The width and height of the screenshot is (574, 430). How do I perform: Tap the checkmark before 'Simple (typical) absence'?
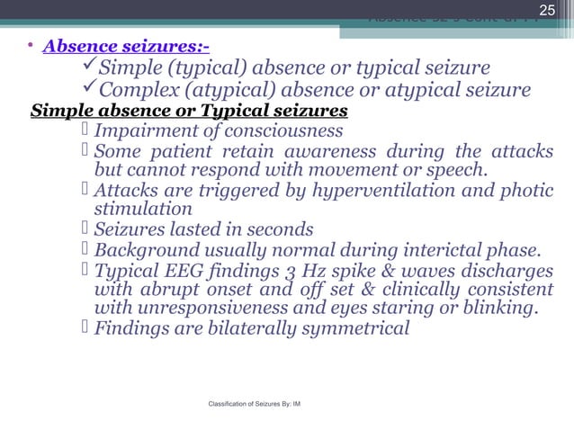(x=88, y=67)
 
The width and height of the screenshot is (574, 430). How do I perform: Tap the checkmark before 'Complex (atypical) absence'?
(x=88, y=90)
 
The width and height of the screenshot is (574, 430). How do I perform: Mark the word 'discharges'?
(x=507, y=269)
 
